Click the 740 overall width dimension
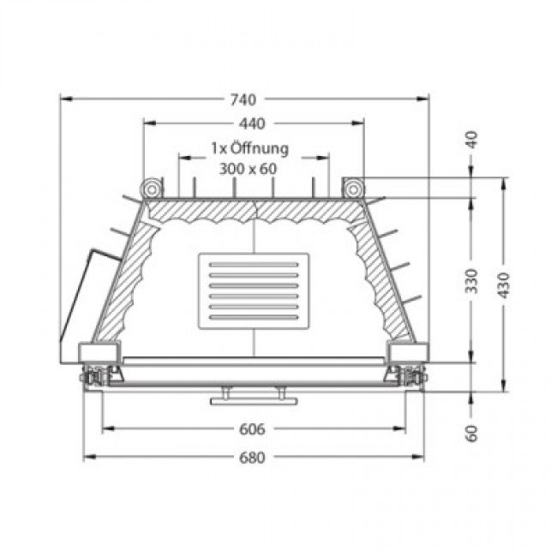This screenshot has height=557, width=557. tap(243, 99)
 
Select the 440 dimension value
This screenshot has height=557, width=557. tap(252, 124)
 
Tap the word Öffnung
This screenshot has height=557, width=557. tap(260, 148)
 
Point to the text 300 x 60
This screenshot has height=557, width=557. tap(248, 169)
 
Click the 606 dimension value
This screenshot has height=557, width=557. tap(252, 429)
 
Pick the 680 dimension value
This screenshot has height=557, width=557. tap(252, 458)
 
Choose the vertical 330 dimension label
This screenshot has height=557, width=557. tap(472, 281)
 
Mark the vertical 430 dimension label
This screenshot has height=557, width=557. tap(503, 285)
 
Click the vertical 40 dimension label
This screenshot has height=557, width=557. tap(472, 140)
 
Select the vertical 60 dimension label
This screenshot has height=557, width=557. tap(472, 434)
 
